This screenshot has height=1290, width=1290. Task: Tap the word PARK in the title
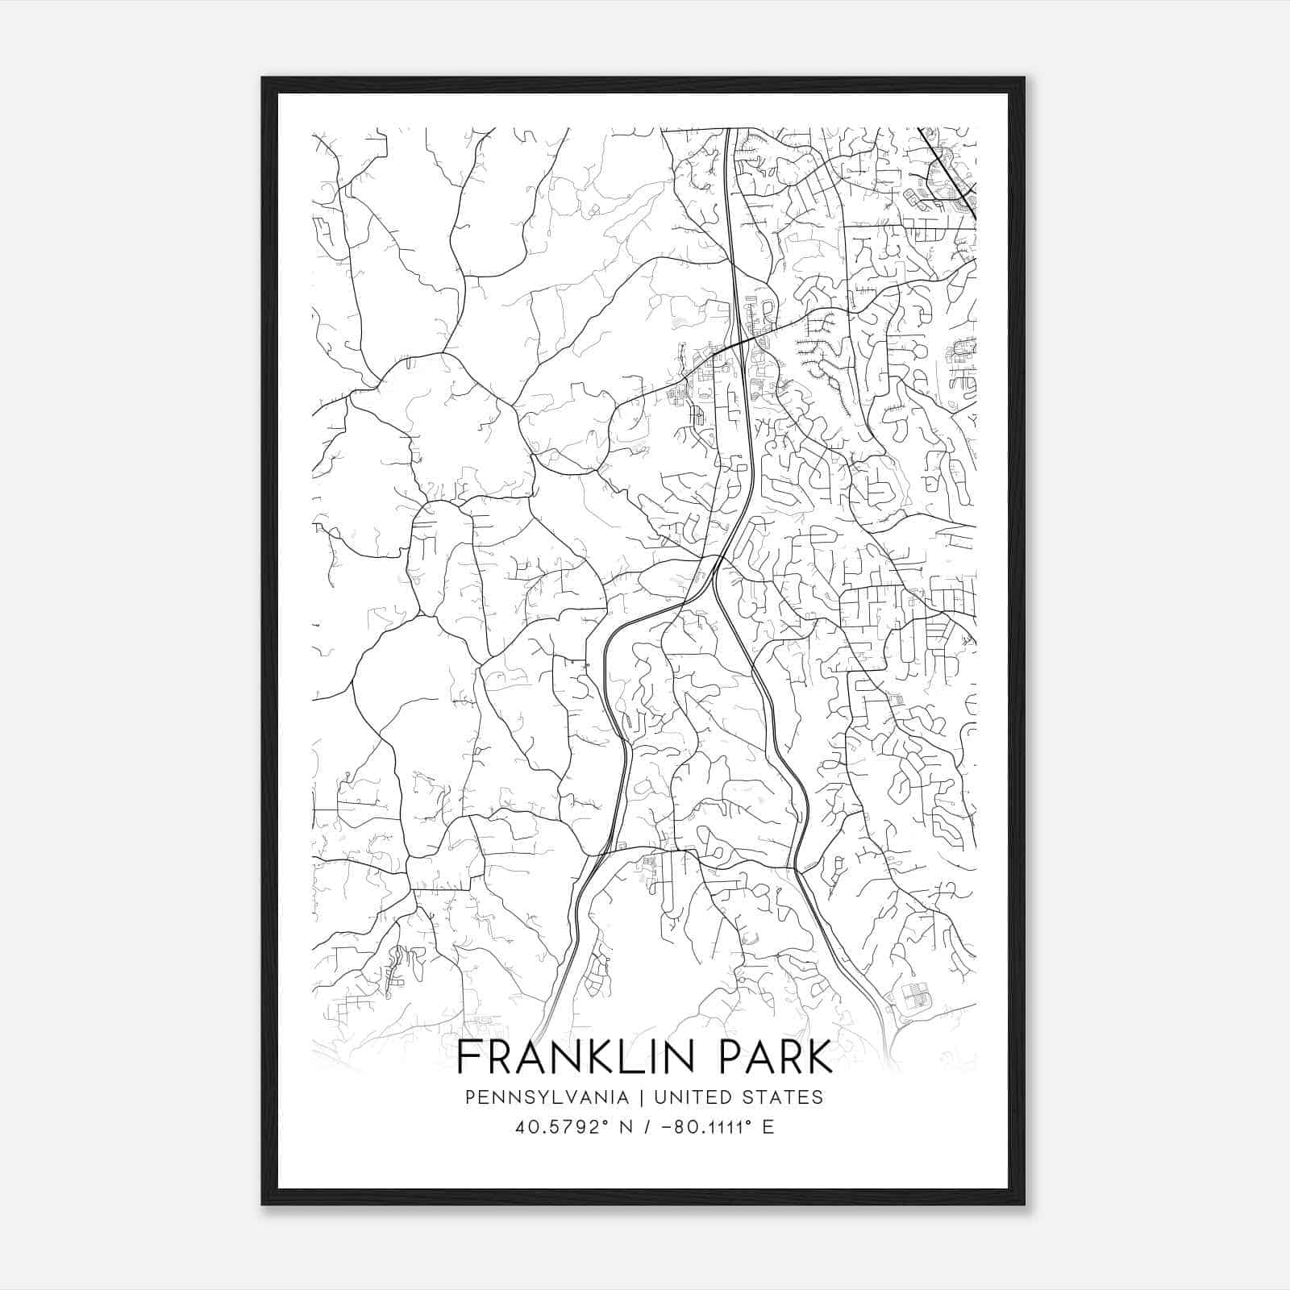pyautogui.click(x=767, y=1059)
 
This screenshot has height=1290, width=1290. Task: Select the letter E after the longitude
pyautogui.click(x=768, y=1127)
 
